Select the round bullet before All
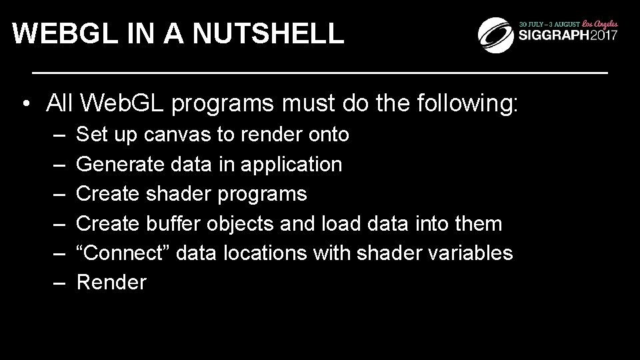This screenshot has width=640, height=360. point(24,105)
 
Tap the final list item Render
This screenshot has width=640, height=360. point(111,283)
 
